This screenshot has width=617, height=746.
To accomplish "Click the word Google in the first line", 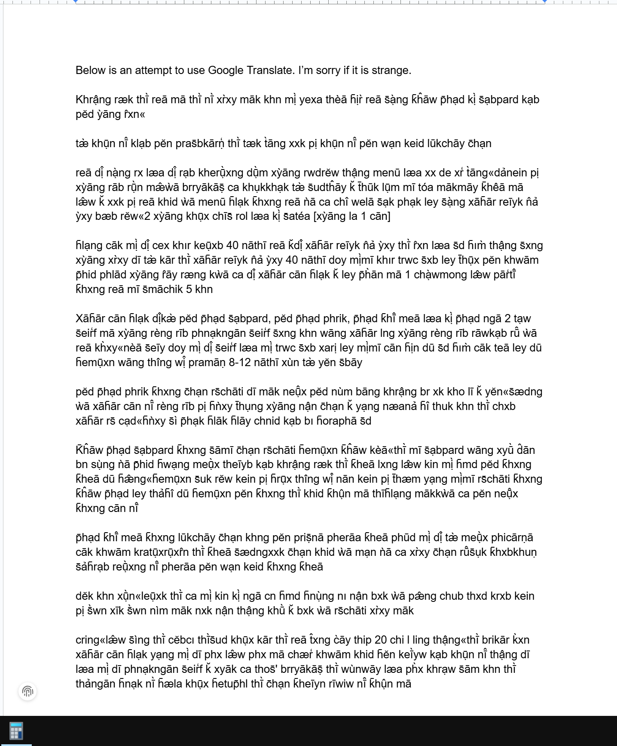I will pos(226,71).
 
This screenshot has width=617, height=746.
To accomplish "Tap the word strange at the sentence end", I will pos(393,71).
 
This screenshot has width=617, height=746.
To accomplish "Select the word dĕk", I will pos(85,596).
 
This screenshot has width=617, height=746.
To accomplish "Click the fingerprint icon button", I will pos(27,691).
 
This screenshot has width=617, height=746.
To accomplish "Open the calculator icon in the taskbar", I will pos(16,731).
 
